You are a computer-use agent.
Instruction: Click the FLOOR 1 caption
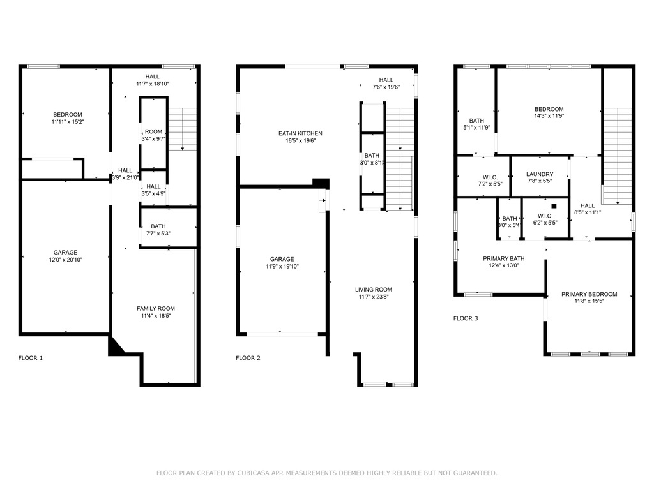click(x=30, y=358)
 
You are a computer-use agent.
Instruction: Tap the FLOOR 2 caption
click(x=248, y=358)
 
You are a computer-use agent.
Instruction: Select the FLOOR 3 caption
click(x=466, y=318)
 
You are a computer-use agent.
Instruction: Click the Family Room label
click(x=156, y=308)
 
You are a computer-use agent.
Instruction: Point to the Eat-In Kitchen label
click(x=300, y=133)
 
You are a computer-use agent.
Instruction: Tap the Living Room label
click(x=374, y=290)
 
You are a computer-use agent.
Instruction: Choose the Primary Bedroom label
click(x=589, y=294)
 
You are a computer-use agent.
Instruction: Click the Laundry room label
click(x=540, y=174)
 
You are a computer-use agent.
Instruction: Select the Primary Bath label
click(x=504, y=258)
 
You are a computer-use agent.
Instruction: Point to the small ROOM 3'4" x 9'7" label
click(x=154, y=131)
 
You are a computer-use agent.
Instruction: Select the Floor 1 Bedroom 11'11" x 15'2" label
click(x=67, y=115)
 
